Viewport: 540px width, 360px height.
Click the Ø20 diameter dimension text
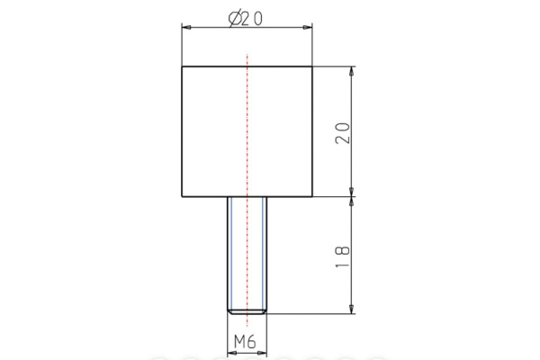tap(247, 19)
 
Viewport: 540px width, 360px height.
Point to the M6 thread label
tap(247, 342)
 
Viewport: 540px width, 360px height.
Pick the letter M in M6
tap(240, 342)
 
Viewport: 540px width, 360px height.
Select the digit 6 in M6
tap(255, 342)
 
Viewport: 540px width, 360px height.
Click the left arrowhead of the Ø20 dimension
tap(186, 29)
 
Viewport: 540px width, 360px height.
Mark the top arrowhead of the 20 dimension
tap(352, 71)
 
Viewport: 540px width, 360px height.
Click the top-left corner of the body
tap(182, 67)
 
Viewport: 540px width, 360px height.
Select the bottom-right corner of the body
tap(312, 196)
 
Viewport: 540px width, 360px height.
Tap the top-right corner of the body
tap(312, 67)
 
